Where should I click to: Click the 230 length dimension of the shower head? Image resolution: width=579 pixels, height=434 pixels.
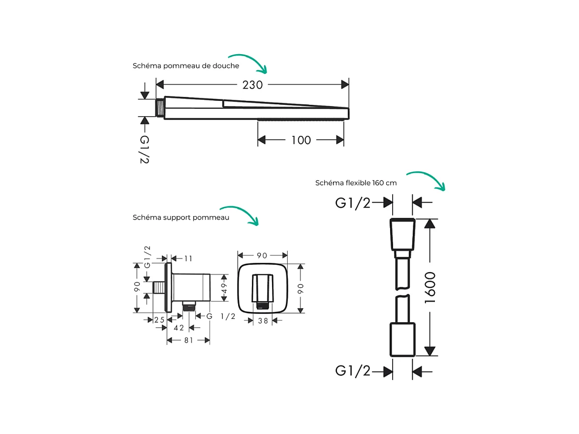pyautogui.click(x=252, y=85)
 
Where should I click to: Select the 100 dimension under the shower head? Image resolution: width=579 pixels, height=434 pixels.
pyautogui.click(x=301, y=140)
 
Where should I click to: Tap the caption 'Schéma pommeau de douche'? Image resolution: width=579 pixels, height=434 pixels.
pyautogui.click(x=185, y=66)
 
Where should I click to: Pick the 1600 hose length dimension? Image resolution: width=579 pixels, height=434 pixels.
pyautogui.click(x=430, y=287)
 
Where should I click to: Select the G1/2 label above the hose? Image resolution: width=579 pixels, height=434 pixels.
pyautogui.click(x=353, y=202)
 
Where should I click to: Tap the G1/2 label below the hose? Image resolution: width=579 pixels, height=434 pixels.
pyautogui.click(x=353, y=371)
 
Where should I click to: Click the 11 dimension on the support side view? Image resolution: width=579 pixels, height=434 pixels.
pyautogui.click(x=188, y=258)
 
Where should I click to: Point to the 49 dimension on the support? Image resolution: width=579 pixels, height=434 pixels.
pyautogui.click(x=224, y=288)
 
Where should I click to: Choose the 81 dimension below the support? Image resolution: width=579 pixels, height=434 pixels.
pyautogui.click(x=188, y=340)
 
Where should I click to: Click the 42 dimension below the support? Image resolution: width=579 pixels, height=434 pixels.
pyautogui.click(x=179, y=328)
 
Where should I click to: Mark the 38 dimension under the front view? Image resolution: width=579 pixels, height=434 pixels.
pyautogui.click(x=263, y=320)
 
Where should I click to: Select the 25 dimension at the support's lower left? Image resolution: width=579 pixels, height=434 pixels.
pyautogui.click(x=159, y=320)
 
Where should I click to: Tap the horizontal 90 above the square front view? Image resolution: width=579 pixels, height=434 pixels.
pyautogui.click(x=262, y=255)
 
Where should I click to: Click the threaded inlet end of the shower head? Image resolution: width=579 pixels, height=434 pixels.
pyautogui.click(x=159, y=108)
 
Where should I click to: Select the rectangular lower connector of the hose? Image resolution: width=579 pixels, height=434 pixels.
pyautogui.click(x=402, y=340)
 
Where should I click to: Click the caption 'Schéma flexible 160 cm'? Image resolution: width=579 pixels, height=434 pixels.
pyautogui.click(x=356, y=183)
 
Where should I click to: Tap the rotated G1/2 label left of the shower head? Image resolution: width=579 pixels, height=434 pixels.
pyautogui.click(x=144, y=150)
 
